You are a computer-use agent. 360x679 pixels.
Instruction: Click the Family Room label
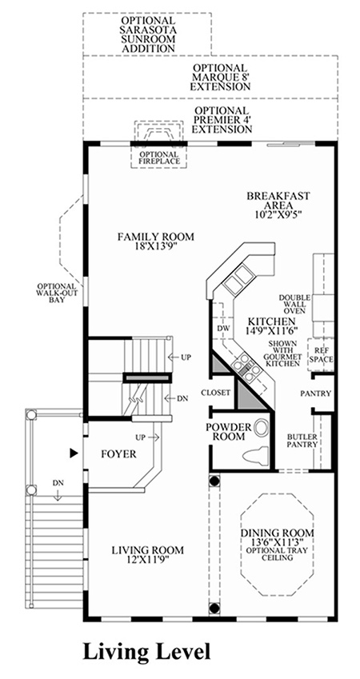155,238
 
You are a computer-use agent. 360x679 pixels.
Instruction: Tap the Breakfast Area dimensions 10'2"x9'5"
278,214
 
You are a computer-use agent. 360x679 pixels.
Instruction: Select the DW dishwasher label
223,328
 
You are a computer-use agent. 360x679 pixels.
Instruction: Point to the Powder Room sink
261,428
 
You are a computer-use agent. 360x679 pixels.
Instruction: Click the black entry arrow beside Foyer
74,453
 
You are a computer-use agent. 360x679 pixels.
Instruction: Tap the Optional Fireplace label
159,158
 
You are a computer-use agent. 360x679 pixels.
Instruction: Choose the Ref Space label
321,355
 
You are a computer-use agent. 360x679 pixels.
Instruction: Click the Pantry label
316,393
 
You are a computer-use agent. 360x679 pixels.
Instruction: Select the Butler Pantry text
302,440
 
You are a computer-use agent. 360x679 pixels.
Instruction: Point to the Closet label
215,393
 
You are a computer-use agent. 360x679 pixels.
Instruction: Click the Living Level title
146,652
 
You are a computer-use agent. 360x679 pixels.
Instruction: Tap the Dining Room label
278,533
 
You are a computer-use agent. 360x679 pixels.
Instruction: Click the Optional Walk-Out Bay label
57,293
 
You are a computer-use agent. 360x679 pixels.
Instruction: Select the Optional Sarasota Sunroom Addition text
148,34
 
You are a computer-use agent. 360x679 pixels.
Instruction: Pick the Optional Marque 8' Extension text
220,77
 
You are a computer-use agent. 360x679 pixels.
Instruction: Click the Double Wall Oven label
294,304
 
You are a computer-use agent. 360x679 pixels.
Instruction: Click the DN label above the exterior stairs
58,483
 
